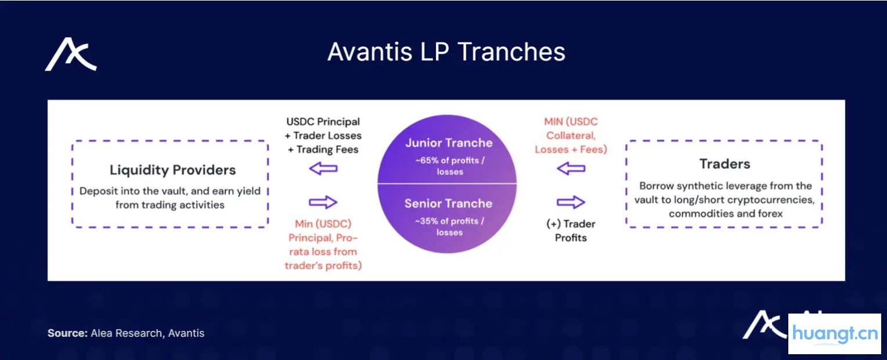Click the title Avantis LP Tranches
(x=446, y=52)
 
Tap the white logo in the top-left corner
(x=71, y=55)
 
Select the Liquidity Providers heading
(x=172, y=170)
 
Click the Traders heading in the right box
(x=724, y=164)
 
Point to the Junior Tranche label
(x=448, y=143)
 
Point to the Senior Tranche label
(x=448, y=203)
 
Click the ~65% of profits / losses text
(x=449, y=166)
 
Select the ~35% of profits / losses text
(x=449, y=226)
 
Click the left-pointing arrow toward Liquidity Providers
(x=323, y=169)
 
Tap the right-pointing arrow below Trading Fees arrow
(x=323, y=202)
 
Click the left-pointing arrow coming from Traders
(x=571, y=169)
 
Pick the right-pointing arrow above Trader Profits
(x=571, y=202)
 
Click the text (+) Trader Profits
(x=571, y=231)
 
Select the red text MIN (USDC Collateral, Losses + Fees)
(x=571, y=135)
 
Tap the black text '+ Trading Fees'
(x=323, y=149)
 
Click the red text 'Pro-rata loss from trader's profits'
(x=323, y=252)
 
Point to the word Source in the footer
(x=67, y=333)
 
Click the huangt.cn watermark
(x=834, y=334)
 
